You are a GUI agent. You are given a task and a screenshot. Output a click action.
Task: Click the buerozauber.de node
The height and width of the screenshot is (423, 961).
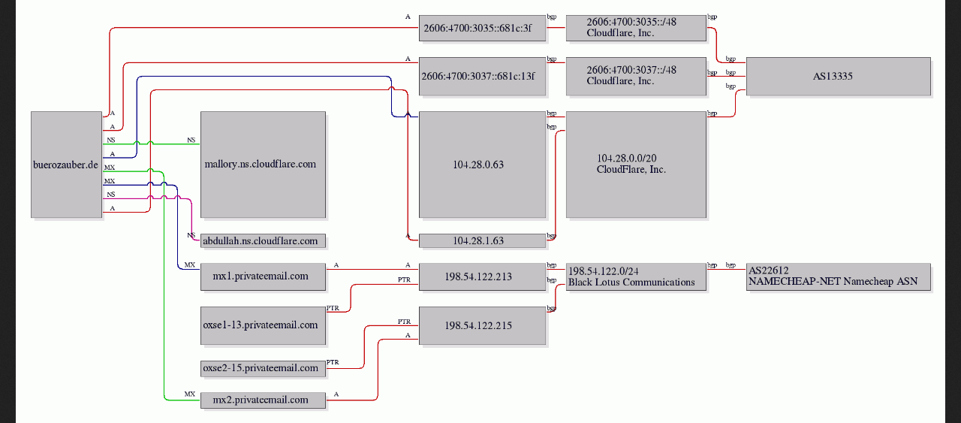pos(66,165)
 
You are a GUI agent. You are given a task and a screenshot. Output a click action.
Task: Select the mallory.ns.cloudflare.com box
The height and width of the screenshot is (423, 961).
pos(263,165)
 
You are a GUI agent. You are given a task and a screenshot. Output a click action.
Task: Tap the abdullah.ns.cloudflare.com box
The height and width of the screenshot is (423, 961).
pos(263,241)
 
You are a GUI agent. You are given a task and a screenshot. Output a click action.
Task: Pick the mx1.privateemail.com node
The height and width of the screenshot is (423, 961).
pos(263,276)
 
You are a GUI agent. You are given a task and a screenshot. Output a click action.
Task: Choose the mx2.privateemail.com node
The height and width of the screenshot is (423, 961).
pos(263,400)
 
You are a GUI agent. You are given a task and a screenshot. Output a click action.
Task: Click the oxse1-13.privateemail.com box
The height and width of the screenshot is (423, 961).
pos(263,325)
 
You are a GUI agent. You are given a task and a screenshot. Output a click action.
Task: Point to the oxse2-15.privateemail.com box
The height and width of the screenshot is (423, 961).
pos(263,368)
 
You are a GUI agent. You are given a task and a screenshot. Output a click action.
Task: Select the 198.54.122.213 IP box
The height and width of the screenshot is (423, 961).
pos(482,276)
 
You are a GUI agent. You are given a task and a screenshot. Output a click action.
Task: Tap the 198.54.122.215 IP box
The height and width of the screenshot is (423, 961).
pos(482,325)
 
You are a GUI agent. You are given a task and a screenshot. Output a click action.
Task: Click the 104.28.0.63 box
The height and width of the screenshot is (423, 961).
pos(482,165)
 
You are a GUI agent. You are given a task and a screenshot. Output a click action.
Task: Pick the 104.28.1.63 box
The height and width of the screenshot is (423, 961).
pos(482,241)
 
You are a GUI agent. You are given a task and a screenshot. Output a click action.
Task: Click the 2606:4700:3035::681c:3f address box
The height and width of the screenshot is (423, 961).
pos(482,28)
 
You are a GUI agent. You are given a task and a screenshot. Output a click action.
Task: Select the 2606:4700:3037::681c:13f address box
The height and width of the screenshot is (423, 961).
pos(482,76)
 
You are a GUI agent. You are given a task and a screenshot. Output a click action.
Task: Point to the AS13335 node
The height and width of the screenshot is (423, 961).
pos(838,76)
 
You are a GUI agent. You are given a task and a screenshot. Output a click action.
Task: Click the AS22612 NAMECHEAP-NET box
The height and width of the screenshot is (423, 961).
pos(838,276)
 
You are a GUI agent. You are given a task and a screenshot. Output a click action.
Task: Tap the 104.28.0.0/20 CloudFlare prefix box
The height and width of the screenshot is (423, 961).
pos(636,165)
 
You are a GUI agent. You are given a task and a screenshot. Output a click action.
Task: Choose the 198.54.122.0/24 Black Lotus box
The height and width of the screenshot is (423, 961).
pos(636,276)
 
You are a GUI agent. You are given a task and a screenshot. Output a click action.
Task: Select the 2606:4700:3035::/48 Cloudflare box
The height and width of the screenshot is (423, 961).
pos(636,28)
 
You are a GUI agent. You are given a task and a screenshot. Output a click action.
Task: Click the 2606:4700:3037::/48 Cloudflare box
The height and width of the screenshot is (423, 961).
pos(636,76)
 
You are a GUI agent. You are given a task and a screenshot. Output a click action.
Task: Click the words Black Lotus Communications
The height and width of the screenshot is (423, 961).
pos(631,283)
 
